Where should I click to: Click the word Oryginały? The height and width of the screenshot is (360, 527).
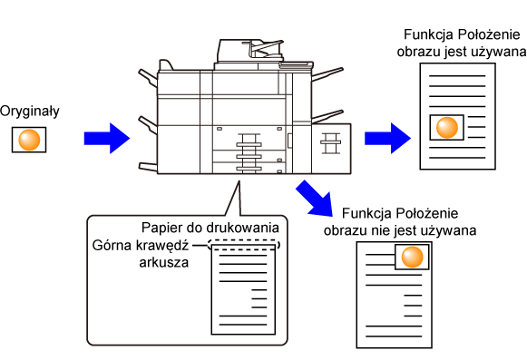(30, 112)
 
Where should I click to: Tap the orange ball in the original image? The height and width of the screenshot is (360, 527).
(29, 140)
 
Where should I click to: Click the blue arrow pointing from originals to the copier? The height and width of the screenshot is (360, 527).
(107, 138)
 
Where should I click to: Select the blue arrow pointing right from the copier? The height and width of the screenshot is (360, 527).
(387, 138)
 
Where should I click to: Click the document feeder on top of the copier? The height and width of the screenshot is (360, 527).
(250, 51)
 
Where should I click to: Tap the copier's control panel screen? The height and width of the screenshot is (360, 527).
(296, 64)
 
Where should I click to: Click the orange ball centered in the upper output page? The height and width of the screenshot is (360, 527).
(447, 128)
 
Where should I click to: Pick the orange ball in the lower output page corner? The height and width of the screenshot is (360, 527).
(412, 258)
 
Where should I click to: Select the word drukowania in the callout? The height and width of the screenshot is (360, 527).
(245, 228)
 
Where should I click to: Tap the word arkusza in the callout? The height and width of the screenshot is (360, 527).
(164, 263)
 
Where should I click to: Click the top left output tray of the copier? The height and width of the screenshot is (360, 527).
(148, 77)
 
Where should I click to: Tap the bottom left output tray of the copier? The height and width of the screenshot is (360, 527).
(148, 167)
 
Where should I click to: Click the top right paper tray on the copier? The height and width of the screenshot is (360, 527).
(327, 74)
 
